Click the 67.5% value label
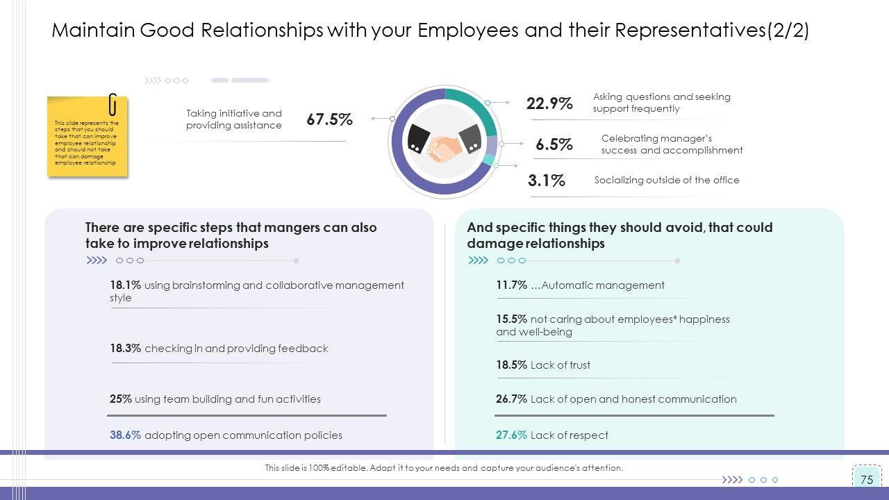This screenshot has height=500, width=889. click(329, 119)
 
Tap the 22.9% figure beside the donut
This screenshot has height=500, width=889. click(549, 103)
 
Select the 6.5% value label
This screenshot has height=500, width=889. click(554, 144)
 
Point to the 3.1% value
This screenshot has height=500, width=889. click(546, 181)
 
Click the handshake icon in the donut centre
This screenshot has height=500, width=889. click(444, 142)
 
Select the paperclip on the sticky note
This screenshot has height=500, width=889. click(113, 104)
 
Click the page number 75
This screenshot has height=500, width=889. click(866, 480)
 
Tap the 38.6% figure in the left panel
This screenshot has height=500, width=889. click(125, 435)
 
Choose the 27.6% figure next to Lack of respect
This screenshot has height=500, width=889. click(511, 435)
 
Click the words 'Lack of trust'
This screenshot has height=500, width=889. click(560, 365)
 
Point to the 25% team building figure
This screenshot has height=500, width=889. click(120, 399)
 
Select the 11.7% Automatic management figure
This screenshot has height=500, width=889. click(511, 285)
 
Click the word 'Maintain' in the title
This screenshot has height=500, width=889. click(93, 31)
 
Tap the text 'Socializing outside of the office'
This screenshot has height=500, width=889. click(667, 181)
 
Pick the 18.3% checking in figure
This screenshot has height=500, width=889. click(125, 349)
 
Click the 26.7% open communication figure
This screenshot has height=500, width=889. click(511, 399)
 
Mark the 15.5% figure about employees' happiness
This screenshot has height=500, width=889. click(511, 319)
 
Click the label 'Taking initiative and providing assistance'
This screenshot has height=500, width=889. click(234, 119)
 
